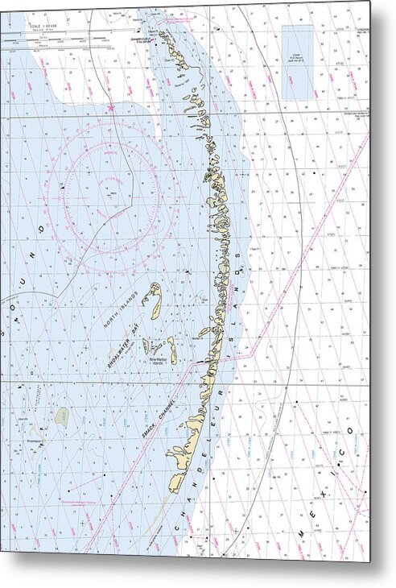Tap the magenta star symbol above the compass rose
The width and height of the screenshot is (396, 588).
(110, 108)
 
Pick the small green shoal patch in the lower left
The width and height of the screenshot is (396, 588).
(61, 416)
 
